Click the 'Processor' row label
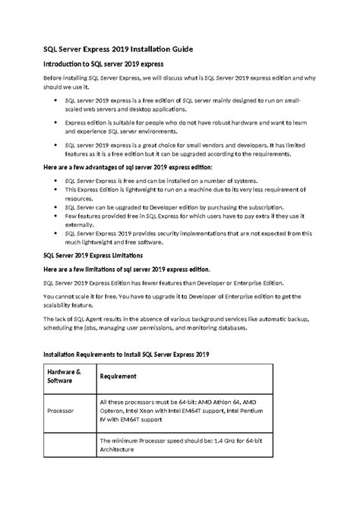click(x=61, y=411)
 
